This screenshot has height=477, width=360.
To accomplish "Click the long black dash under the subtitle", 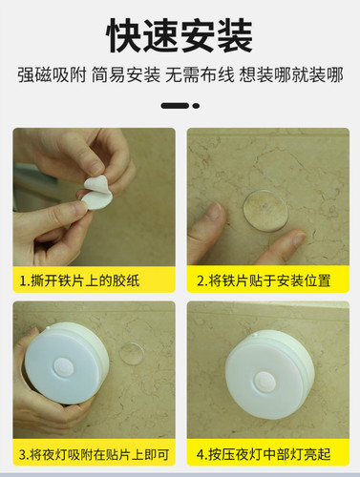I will tap(175, 106).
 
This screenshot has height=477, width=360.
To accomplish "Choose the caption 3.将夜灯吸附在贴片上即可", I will tap(94, 452).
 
